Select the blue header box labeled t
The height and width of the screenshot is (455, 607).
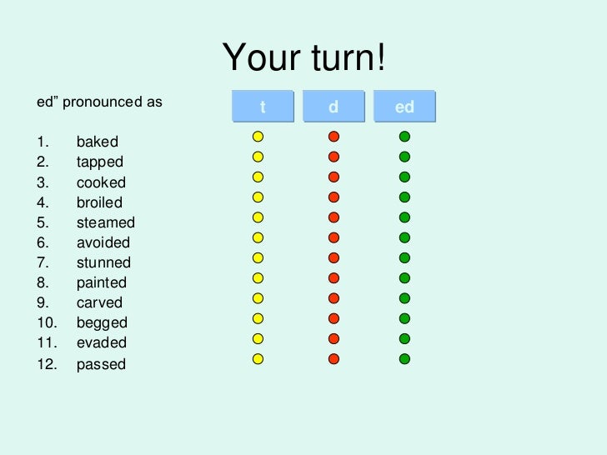tap(263, 107)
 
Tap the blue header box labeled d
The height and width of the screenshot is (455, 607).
tap(334, 107)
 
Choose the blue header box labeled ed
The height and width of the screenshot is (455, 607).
tap(404, 107)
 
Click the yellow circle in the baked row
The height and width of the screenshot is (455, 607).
tap(258, 136)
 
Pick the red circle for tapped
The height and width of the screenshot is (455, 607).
tap(334, 157)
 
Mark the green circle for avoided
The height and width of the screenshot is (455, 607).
tap(404, 237)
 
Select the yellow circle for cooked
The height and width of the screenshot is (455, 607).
tap(258, 177)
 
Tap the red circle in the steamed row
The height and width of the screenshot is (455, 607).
tap(334, 217)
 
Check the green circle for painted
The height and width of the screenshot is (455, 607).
tap(404, 277)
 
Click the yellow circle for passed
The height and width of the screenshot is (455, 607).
tap(258, 359)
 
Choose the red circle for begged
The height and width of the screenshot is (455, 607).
tap(334, 318)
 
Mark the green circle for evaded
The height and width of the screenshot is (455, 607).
tap(404, 338)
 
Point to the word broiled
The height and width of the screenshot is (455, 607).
tap(99, 202)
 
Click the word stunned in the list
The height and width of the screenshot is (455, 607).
tap(103, 262)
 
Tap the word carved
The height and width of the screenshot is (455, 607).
tap(99, 302)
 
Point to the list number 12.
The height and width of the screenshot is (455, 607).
tap(45, 364)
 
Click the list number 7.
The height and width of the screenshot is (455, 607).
tap(43, 262)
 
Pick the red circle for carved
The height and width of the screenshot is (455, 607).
tap(334, 298)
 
